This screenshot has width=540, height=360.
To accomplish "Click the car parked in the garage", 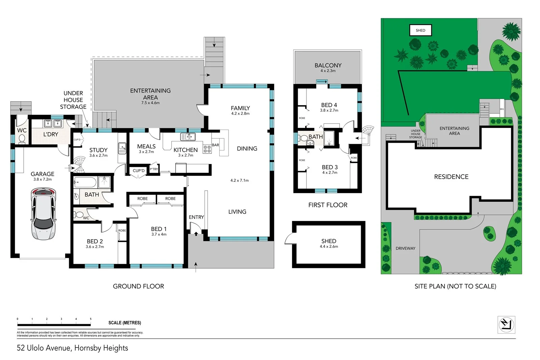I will pos(43,214).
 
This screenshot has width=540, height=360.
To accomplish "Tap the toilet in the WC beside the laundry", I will pos(22,139).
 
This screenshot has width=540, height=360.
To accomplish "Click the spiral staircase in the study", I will pos(80,164).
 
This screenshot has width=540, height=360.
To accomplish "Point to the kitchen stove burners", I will pos(207,149).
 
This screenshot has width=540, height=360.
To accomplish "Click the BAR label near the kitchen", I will pos(215,145).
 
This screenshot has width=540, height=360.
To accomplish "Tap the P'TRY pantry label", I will pos(154,169).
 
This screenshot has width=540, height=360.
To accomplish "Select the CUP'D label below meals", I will pos(138,171).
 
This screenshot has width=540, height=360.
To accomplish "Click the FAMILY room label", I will pos(240,108).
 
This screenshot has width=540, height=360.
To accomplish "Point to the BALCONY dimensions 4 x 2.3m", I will pos(328,71).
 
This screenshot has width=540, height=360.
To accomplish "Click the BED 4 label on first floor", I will pos(329,105).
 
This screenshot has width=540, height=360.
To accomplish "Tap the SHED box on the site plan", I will pos(421,30).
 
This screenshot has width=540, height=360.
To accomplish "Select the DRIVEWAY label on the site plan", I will pos(405,248).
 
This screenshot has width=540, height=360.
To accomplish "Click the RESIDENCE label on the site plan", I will pos(451,177).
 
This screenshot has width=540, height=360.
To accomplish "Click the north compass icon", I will pos(506,325).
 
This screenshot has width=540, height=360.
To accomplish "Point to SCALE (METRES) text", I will pos(125,323).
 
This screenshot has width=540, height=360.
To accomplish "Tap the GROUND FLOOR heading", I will pos(138,286).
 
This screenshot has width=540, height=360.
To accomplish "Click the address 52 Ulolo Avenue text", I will pos(73,348).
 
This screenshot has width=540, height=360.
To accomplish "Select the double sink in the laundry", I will pos(53,123).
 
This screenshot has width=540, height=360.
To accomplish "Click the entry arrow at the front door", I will pos(196,233).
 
